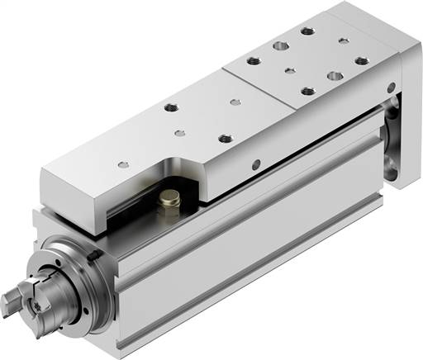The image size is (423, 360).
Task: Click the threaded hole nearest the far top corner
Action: point(308,31)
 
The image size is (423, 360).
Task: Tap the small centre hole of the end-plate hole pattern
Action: point(289,71)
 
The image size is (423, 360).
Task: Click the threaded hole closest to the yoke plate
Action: point(360,59)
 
